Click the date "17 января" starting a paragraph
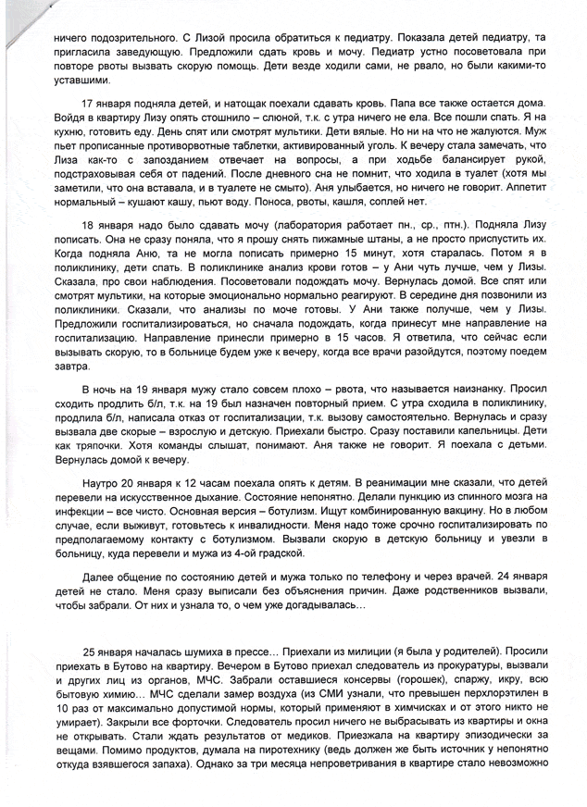coord(106,101)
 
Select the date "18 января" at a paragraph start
coord(106,225)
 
